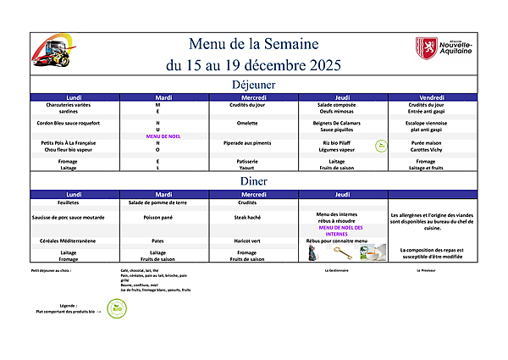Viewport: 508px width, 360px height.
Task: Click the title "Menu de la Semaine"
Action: [253, 44]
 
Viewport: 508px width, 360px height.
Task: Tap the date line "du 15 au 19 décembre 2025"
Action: [253, 64]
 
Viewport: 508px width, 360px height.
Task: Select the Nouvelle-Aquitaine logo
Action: [444, 47]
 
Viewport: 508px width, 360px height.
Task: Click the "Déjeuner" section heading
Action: [253, 85]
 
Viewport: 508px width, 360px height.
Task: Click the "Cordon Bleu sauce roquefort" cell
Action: [75, 123]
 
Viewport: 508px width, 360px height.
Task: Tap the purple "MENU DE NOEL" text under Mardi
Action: [164, 136]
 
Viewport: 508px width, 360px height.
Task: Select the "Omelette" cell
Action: [246, 123]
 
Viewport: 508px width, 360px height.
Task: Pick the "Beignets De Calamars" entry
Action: [336, 123]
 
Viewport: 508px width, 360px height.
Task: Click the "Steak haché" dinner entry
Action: [246, 216]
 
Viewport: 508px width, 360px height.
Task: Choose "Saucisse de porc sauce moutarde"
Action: [75, 216]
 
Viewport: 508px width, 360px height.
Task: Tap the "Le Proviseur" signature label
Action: [426, 271]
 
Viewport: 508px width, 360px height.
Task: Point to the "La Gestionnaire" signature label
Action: [338, 271]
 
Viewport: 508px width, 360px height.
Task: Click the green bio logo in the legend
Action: [117, 309]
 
